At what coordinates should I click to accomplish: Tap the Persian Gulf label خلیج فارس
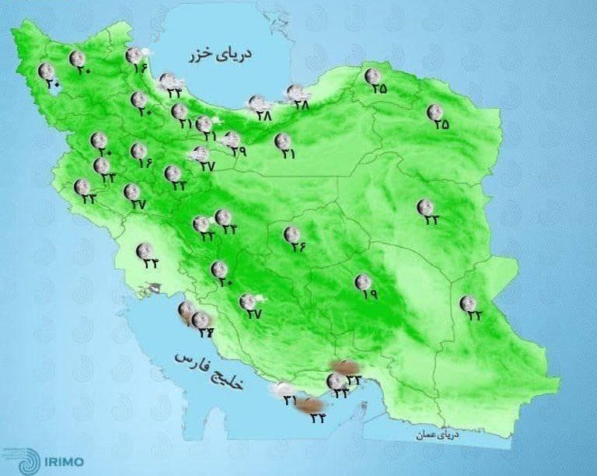point(208,374)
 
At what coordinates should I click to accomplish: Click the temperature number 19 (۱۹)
point(368,295)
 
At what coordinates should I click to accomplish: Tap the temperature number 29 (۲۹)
point(238,152)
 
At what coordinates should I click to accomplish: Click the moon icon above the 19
point(361,282)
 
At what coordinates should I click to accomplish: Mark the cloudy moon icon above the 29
point(231,139)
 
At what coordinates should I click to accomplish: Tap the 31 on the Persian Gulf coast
point(291,401)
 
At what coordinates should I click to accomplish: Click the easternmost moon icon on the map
point(467,303)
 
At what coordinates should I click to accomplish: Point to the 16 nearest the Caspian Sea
point(141,68)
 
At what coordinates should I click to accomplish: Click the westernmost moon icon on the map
point(46,72)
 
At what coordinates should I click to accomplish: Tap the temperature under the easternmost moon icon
point(473,316)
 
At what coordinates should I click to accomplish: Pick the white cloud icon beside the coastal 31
point(278,390)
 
